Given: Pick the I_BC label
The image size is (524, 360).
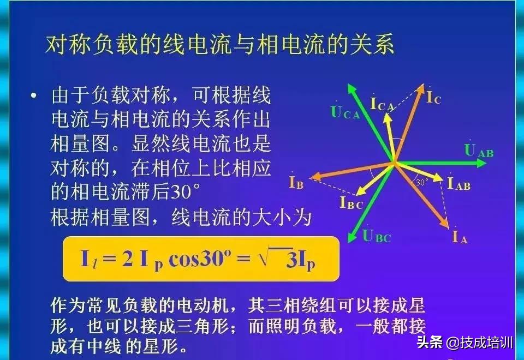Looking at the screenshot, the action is coord(352,202).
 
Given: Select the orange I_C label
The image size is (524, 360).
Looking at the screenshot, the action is coord(434,97).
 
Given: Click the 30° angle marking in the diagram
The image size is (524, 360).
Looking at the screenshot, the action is coord(422,182).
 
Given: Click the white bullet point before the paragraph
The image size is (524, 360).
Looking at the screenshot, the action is coord(33,96).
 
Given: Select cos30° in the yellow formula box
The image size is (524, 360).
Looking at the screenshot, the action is coord(200,259).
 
